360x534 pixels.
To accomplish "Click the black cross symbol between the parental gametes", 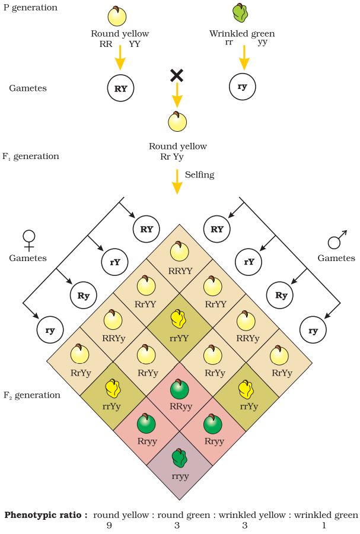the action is pyautogui.click(x=177, y=75).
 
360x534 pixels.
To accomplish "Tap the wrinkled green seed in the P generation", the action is pyautogui.click(x=240, y=13).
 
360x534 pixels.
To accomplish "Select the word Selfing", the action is pyautogui.click(x=200, y=175).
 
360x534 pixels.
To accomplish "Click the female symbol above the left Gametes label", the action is pyautogui.click(x=29, y=240).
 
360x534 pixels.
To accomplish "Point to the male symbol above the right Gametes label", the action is pyautogui.click(x=337, y=240).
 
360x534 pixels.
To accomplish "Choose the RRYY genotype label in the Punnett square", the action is pyautogui.click(x=180, y=271).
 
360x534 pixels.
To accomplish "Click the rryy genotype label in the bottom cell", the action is pyautogui.click(x=180, y=476).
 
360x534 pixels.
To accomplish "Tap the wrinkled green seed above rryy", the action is pyautogui.click(x=180, y=459).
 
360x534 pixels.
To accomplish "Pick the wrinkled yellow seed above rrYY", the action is pyautogui.click(x=179, y=319).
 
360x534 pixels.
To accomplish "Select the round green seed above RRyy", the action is pyautogui.click(x=180, y=389).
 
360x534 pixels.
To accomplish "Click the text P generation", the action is pyautogui.click(x=30, y=8).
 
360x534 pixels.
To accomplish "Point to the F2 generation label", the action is pyautogui.click(x=31, y=395).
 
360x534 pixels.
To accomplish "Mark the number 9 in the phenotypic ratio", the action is pyautogui.click(x=109, y=526).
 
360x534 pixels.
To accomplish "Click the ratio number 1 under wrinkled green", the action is pyautogui.click(x=324, y=526).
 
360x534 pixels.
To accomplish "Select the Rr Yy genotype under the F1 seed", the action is pyautogui.click(x=172, y=157).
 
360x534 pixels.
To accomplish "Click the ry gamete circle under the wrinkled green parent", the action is pyautogui.click(x=242, y=87).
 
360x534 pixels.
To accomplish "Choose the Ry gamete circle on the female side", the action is pyautogui.click(x=84, y=295).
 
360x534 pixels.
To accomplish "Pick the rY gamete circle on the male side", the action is pyautogui.click(x=249, y=262).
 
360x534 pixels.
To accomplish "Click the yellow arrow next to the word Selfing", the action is pyautogui.click(x=177, y=182).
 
